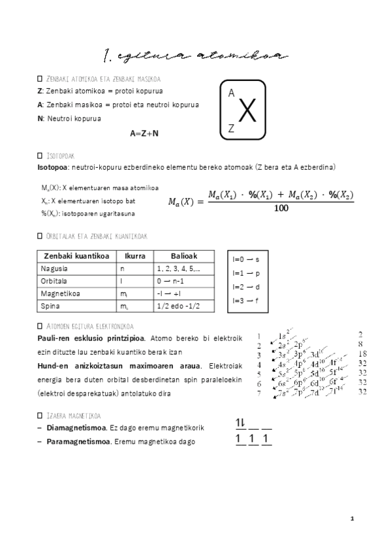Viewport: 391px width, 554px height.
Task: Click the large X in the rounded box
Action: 246,112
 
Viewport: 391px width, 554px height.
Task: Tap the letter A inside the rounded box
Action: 232,94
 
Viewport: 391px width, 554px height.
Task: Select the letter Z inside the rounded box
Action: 231,129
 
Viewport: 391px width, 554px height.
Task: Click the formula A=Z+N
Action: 144,133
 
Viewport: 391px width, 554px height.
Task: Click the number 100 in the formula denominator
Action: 281,208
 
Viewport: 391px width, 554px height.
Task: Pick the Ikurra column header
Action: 134,256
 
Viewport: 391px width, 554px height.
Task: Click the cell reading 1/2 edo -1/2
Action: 178,306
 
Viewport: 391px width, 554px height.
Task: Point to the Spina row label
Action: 50,306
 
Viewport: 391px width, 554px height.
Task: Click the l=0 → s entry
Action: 246,259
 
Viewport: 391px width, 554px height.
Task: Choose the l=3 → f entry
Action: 246,301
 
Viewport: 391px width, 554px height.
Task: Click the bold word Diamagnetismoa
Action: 76,429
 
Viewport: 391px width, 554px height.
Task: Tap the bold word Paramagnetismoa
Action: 78,442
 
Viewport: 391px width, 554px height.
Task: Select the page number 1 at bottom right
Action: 352,519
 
